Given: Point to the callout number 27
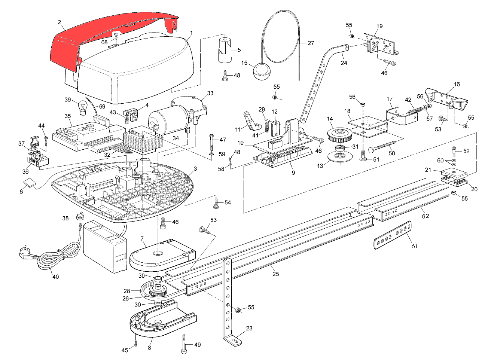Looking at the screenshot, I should coord(311,43).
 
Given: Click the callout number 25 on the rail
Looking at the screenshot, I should coord(276,274).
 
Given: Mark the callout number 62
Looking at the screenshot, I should coord(426,216).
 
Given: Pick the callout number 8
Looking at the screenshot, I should coord(149,348).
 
